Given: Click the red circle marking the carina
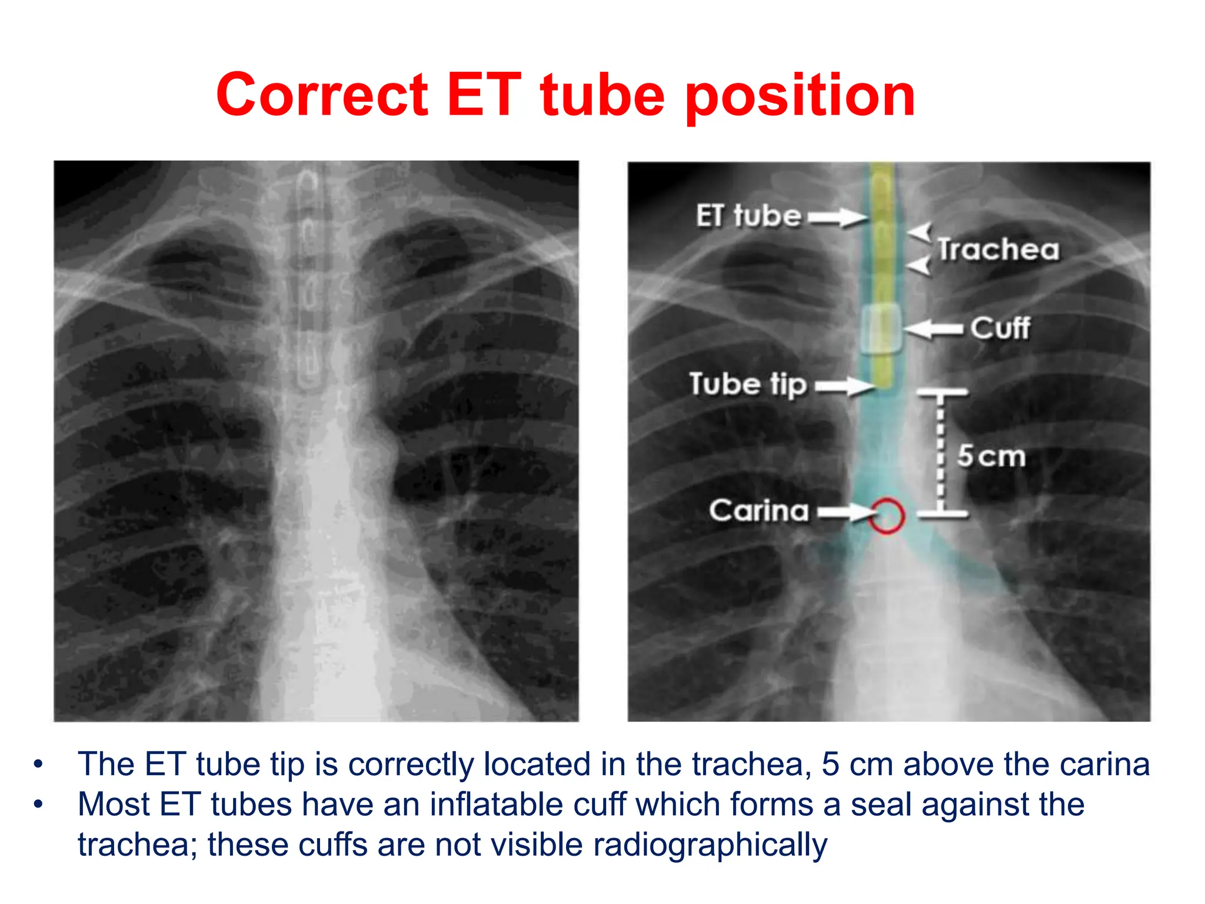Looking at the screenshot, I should click(x=887, y=516).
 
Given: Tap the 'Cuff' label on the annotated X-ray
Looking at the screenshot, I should click(x=1000, y=328).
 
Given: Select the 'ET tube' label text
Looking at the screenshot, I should click(x=748, y=216).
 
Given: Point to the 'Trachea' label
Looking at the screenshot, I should click(x=998, y=250).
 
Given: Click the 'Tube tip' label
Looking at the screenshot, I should click(x=748, y=384).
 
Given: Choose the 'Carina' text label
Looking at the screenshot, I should click(x=759, y=511).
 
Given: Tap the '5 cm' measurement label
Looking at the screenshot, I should click(x=991, y=456).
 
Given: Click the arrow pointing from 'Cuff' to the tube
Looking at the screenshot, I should click(x=934, y=328).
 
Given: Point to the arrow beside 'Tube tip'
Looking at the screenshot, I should click(x=845, y=386).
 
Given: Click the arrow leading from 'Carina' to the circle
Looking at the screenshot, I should click(x=845, y=513).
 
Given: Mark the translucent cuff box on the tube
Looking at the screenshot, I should click(x=881, y=328).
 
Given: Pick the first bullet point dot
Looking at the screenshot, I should click(x=39, y=765).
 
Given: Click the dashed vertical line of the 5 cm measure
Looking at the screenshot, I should click(x=941, y=453).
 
